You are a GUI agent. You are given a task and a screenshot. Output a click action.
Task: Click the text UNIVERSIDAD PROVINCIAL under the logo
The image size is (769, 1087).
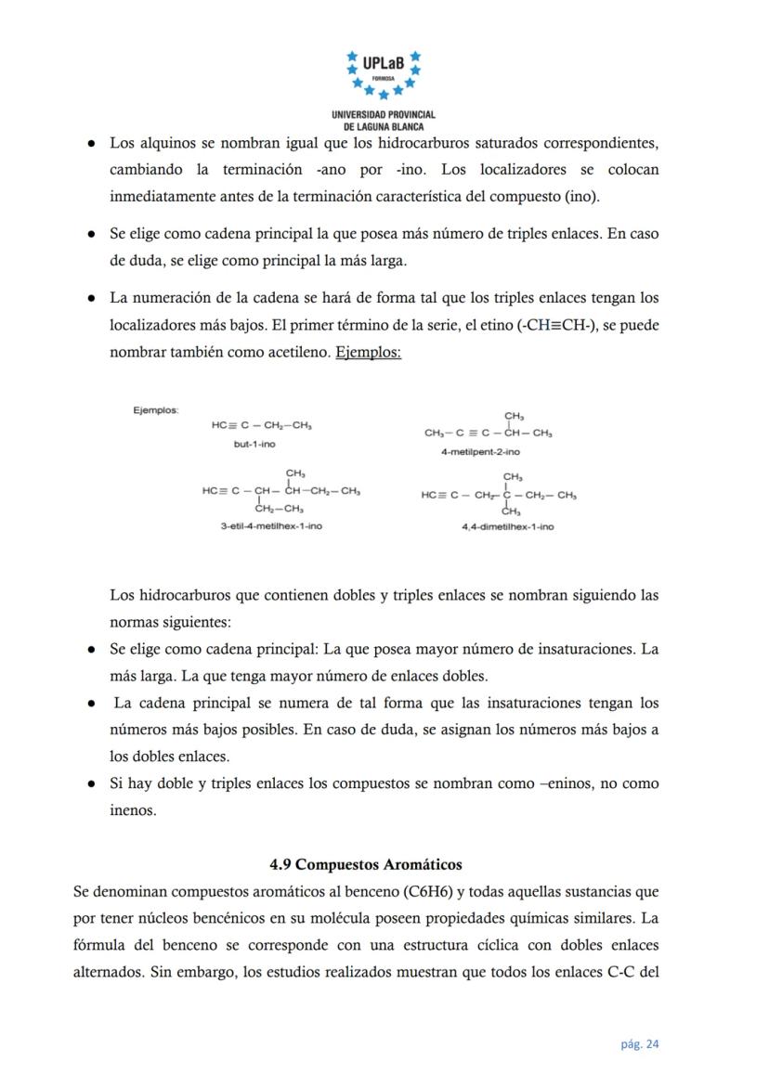click(x=384, y=114)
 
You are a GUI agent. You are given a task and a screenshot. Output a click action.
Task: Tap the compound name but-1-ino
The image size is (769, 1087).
click(x=254, y=445)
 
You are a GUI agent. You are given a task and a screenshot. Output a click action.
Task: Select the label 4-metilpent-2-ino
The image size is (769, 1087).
click(x=480, y=452)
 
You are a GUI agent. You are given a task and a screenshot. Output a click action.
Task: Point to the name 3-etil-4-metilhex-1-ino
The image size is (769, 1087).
click(x=271, y=526)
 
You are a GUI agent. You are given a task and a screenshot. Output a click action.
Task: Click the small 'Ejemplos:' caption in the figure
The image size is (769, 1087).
click(x=156, y=409)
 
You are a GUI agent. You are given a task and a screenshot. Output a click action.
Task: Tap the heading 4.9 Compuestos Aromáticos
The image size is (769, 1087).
click(x=366, y=865)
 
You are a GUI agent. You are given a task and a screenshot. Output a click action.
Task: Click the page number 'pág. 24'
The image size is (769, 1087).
click(x=640, y=1044)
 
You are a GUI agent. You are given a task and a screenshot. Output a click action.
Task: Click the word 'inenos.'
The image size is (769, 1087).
click(x=134, y=809)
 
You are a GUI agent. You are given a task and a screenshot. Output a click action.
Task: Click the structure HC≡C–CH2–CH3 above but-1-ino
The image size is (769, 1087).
click(x=261, y=425)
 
